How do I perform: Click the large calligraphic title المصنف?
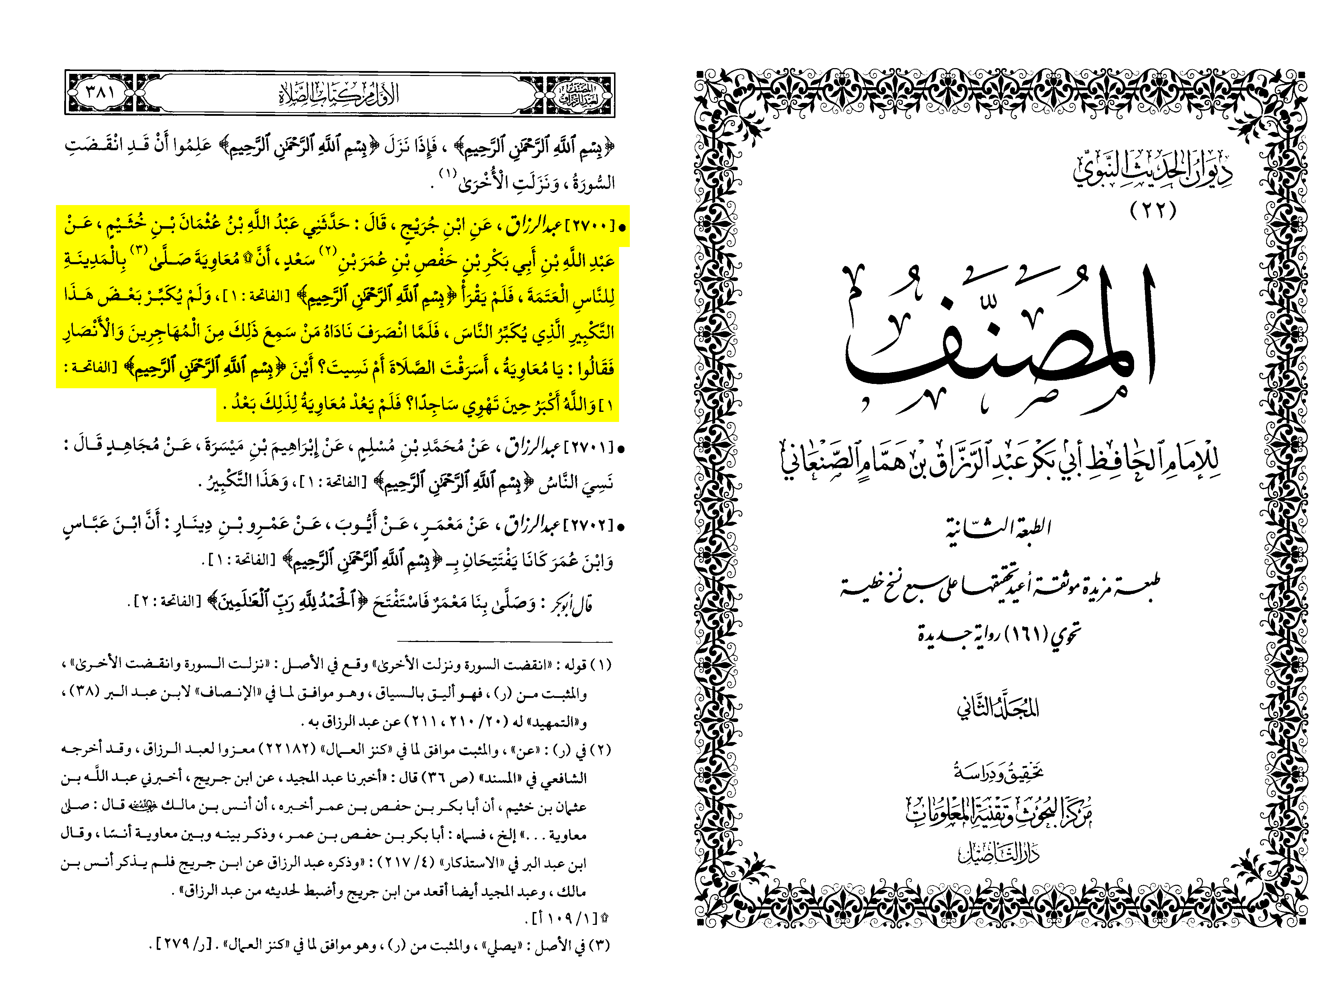click(999, 337)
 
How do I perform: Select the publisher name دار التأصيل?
click(999, 852)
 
